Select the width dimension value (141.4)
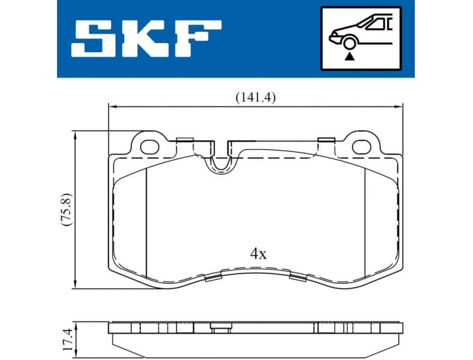255,97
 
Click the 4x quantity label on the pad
258,253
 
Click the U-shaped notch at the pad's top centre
220,161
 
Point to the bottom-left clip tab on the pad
213,277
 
